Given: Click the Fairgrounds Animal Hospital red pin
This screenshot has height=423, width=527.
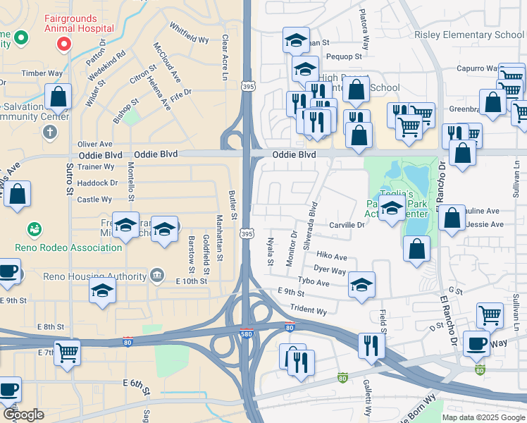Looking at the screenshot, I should tap(63, 44).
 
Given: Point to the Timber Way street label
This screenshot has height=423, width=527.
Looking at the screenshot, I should tap(42, 73).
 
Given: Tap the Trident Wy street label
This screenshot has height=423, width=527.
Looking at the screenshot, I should tap(309, 309).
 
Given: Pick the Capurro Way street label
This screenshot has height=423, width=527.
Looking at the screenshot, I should tap(476, 68).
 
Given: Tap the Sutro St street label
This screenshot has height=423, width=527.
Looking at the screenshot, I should tap(70, 180).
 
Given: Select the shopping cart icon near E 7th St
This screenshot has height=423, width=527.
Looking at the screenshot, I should tap(68, 352).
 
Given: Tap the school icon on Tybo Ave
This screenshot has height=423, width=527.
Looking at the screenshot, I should tap(362, 284).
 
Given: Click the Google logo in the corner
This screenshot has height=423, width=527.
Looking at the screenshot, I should tap(23, 415).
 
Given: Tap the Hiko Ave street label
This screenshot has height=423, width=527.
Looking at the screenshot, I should tap(331, 257).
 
